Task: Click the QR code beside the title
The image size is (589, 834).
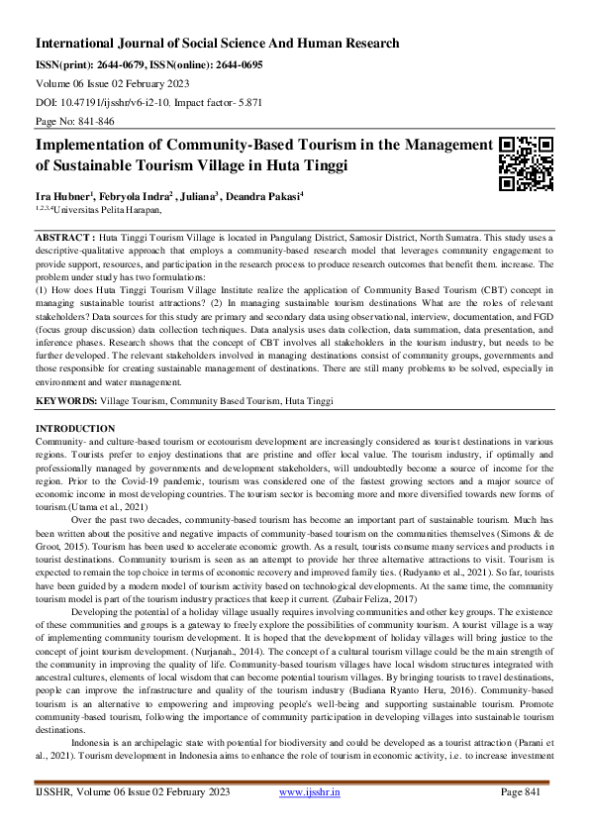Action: pyautogui.click(x=526, y=161)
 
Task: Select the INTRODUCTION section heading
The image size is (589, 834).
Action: pyautogui.click(x=74, y=427)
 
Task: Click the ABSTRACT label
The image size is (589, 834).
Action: pyautogui.click(x=65, y=240)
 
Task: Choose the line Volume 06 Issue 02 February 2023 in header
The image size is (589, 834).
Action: pyautogui.click(x=114, y=83)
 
